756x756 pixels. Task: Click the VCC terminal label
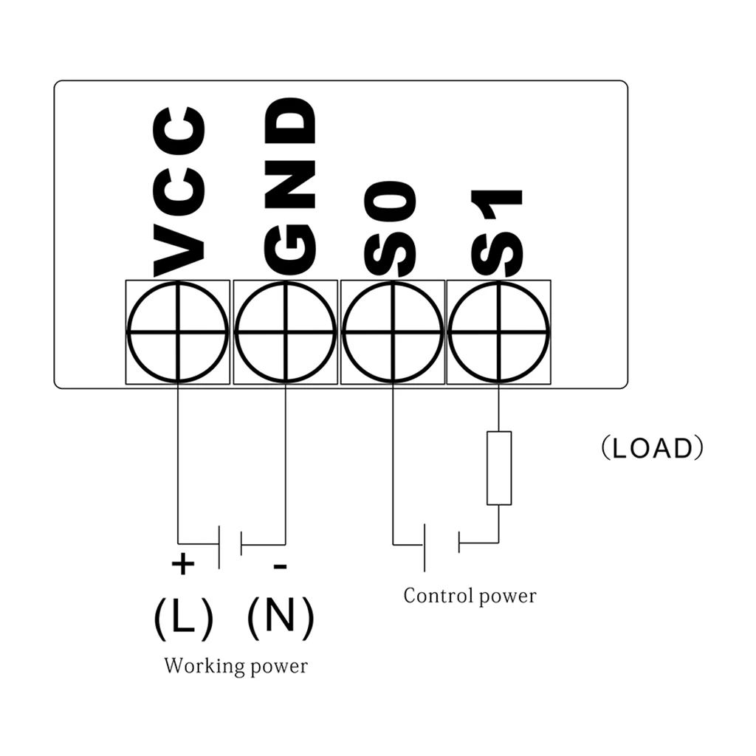[x=179, y=192]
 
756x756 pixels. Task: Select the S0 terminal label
[x=391, y=229]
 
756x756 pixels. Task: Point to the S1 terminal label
[x=497, y=233]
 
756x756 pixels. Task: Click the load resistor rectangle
[x=499, y=468]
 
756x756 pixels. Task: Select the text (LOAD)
[x=653, y=448]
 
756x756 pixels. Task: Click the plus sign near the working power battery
[x=183, y=563]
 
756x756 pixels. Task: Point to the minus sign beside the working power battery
[x=280, y=566]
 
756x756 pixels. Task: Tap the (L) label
[x=183, y=619]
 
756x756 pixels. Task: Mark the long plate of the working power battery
[x=219, y=547]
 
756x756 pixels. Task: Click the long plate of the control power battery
[x=425, y=548]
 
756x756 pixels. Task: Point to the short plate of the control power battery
[x=459, y=543]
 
